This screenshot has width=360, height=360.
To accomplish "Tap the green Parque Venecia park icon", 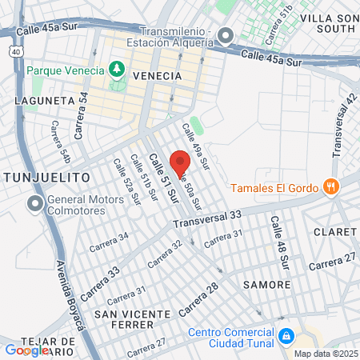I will (x=118, y=70).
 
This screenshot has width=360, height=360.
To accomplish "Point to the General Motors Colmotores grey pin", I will (x=34, y=203).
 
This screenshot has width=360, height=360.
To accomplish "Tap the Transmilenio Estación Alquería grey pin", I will (x=226, y=36).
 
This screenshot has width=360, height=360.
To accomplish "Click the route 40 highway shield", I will (x=16, y=51).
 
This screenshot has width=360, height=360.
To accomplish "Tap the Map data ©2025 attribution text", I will (x=325, y=354).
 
